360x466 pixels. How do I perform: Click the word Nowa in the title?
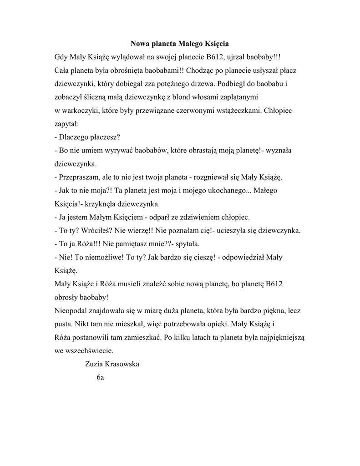[x=141, y=44]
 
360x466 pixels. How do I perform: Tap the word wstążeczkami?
[x=232, y=110]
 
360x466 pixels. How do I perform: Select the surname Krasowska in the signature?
[x=122, y=364]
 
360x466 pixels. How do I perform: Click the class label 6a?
[x=101, y=378]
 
